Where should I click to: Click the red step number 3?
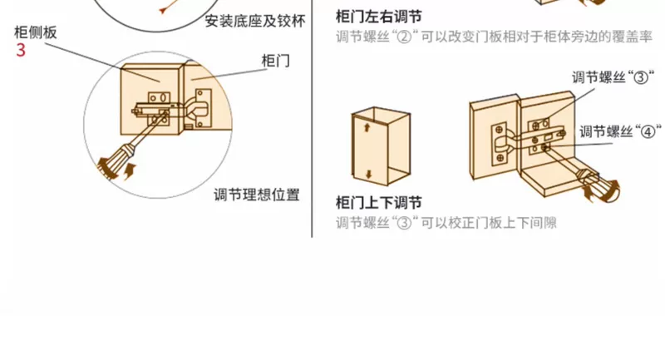click(x=21, y=50)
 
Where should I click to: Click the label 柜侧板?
click(x=36, y=32)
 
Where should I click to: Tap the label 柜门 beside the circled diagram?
click(x=276, y=61)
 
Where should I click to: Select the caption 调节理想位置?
click(x=257, y=195)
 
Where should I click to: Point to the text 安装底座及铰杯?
click(x=255, y=22)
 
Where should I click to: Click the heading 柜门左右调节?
click(x=379, y=17)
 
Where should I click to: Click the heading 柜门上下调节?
click(x=379, y=203)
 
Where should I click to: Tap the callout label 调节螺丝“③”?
click(x=613, y=77)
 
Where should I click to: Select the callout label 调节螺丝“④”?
click(x=620, y=131)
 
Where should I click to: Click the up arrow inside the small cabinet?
click(x=367, y=126)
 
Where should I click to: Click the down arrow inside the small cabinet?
click(x=368, y=174)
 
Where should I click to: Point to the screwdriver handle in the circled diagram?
click(x=114, y=164)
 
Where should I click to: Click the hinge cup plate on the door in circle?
click(x=203, y=108)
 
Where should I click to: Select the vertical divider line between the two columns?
click(x=313, y=119)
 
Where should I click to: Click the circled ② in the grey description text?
click(x=404, y=37)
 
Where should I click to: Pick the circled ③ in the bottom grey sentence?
click(x=404, y=223)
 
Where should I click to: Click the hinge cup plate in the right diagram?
click(x=499, y=144)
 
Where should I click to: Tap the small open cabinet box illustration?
click(x=381, y=146)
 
